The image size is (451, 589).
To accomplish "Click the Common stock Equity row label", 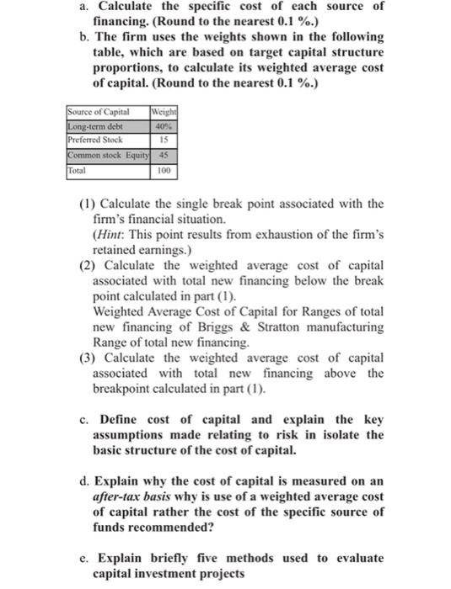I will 106,155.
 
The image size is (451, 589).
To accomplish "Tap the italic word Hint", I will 107,231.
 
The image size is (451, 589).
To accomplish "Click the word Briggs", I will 296,326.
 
